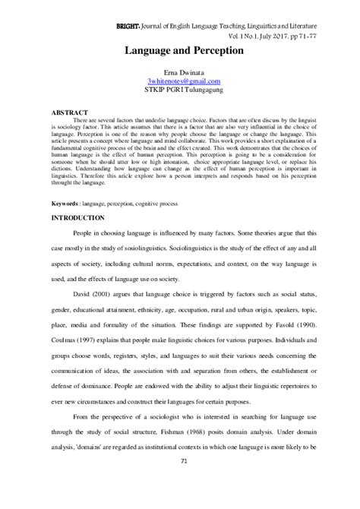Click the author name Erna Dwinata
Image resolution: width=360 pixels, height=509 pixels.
coord(179,72)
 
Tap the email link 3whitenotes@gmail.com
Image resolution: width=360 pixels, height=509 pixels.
coord(179,81)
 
